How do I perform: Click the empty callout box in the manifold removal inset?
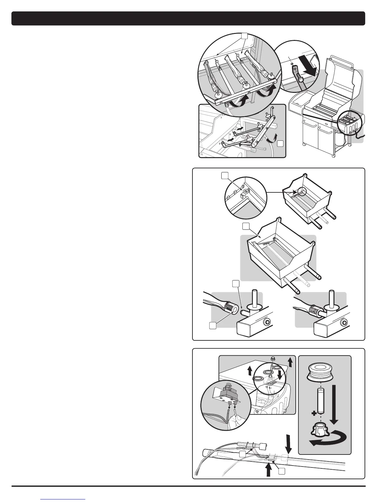coord(280,144)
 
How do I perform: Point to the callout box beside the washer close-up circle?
coord(224,176)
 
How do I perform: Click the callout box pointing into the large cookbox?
coord(246,226)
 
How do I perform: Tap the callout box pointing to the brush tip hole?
coord(213,325)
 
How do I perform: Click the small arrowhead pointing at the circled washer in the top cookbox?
coord(295,192)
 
